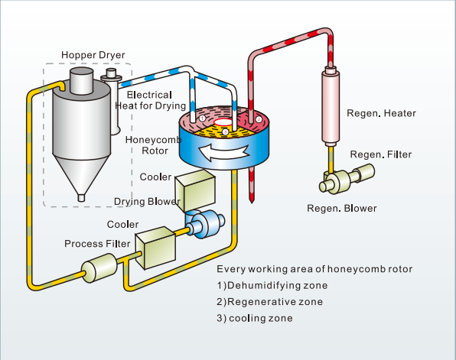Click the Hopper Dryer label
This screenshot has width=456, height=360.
coord(93,55)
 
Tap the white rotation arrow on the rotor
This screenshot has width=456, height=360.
coord(223,152)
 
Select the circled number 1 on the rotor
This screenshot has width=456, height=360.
coord(203,118)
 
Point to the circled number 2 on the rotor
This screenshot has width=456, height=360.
coord(259,119)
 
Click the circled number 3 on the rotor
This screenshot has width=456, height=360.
coord(225,132)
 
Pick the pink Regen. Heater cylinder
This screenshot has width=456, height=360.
coord(331,106)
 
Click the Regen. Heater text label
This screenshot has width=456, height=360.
coord(381,113)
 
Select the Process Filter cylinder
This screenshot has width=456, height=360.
coord(99,268)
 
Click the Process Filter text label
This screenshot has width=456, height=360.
coord(97,244)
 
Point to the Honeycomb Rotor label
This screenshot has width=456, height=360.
coord(154,145)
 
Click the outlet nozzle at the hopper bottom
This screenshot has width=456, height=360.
coord(81,198)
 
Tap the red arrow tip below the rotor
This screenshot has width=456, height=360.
coord(252,200)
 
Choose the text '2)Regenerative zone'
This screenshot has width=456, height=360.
coord(269,302)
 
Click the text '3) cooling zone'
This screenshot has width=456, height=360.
coord(255,318)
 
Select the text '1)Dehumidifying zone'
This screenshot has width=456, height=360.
coord(272,285)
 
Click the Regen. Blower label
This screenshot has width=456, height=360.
coord(342,209)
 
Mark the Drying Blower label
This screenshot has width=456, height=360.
coord(147,202)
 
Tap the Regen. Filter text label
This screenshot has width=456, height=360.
coord(381,154)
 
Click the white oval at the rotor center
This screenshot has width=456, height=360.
coord(223,122)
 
